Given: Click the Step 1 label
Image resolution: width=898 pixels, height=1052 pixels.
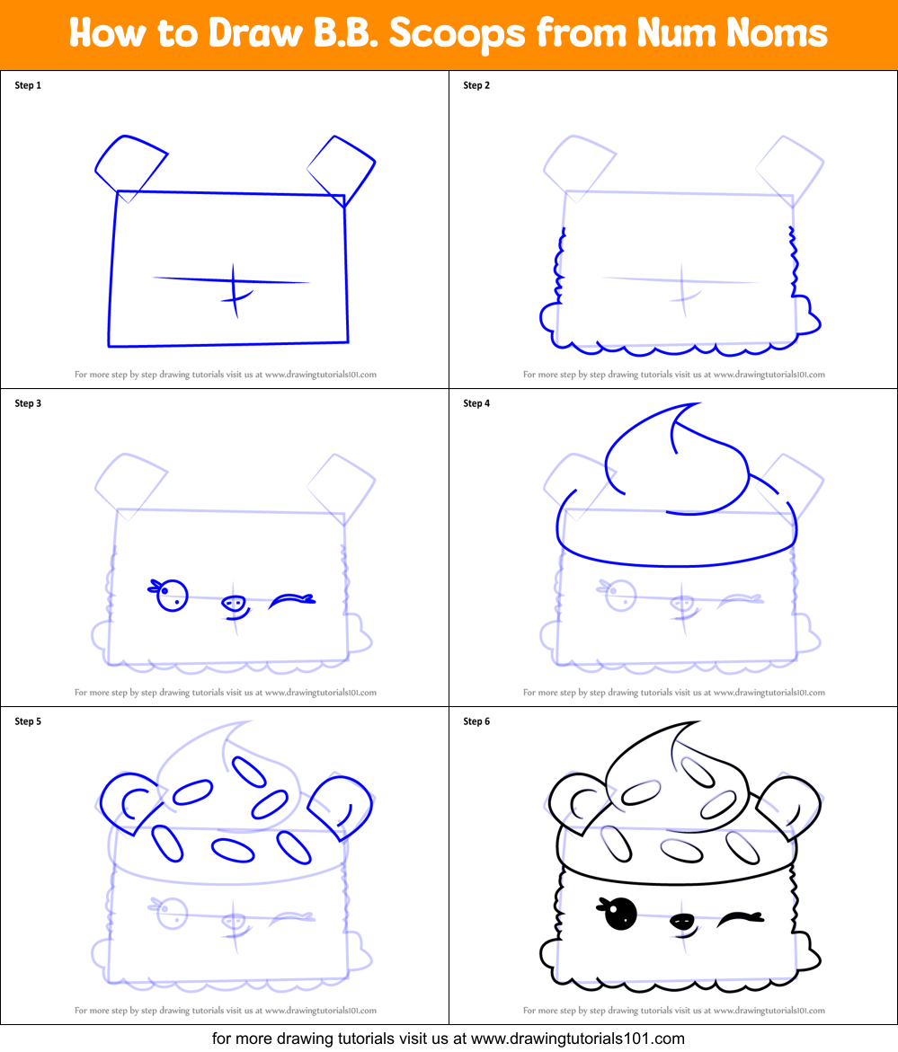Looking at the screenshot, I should coord(28,85).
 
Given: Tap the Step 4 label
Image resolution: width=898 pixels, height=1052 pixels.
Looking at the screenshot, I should coord(476,403).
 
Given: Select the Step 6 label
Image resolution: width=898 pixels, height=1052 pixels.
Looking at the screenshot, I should coord(476,721).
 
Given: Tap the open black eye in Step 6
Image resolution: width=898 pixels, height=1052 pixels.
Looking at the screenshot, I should coord(620,914).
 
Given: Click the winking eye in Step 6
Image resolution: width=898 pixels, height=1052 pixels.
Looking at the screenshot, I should coord(740,918).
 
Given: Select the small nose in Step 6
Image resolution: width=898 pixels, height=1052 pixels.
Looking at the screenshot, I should coord(682,921).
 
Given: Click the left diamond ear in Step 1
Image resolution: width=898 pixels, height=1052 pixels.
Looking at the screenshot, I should coord(130,166).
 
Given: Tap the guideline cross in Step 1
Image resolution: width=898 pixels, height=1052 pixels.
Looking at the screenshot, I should coord(233,286).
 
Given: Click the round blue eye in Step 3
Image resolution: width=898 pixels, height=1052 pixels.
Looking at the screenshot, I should coord(172,595).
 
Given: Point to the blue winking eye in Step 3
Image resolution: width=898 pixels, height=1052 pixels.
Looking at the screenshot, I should coord(292,598).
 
